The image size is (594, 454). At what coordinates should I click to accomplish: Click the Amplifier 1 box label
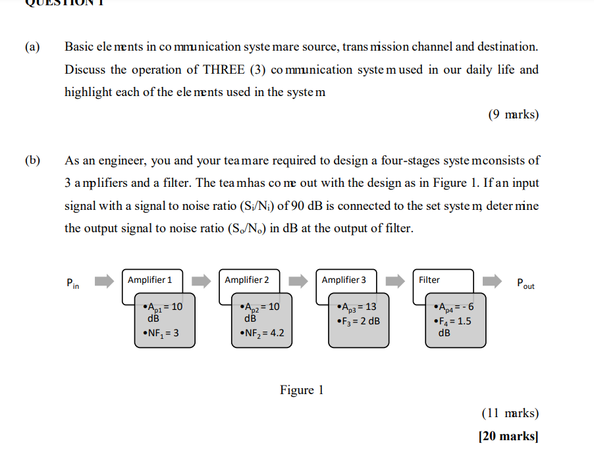[149, 280]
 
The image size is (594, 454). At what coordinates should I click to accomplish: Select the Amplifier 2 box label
[246, 280]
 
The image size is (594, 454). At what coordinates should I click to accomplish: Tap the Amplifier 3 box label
[344, 280]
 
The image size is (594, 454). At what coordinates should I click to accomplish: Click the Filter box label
[429, 280]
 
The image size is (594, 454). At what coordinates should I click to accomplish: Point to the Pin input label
[72, 284]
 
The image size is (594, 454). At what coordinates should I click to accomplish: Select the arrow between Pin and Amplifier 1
[104, 282]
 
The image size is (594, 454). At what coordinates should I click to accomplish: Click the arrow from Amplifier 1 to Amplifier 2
[201, 282]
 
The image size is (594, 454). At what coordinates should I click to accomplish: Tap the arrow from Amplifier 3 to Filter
[395, 282]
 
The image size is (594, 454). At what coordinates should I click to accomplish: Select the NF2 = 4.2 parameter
[262, 333]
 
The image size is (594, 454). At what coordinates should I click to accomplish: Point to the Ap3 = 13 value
[356, 307]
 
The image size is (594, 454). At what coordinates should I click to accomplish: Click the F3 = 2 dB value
[358, 321]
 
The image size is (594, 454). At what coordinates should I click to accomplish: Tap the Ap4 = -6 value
[454, 307]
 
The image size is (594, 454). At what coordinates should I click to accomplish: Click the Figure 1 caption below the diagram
[302, 390]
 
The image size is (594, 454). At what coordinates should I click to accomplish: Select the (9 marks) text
[513, 115]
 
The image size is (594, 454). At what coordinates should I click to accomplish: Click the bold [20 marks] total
[508, 436]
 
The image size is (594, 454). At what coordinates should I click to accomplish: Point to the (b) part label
[32, 160]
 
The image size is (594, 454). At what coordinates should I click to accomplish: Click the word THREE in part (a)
[224, 70]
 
